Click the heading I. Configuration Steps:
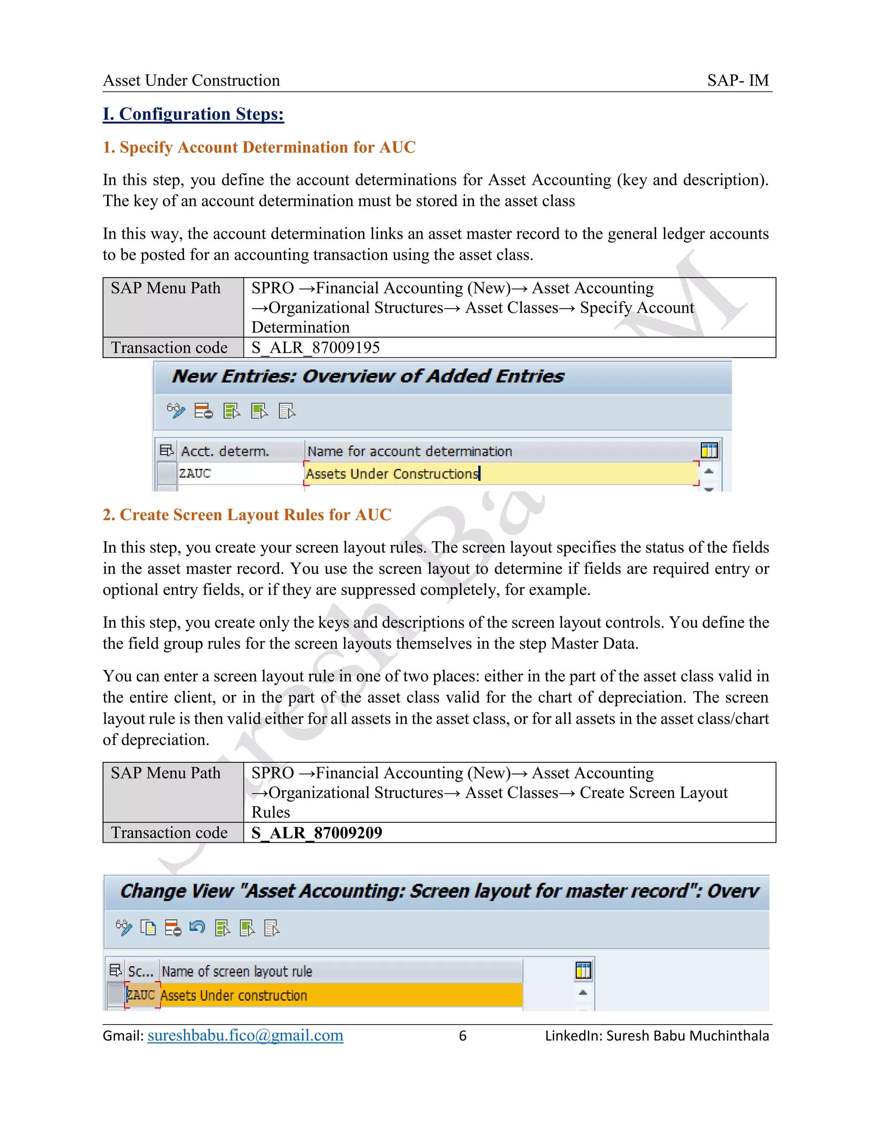[x=193, y=114]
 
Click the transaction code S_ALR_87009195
[x=315, y=348]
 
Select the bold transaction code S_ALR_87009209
[x=317, y=833]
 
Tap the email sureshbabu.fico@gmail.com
[x=245, y=1036]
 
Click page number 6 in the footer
[x=462, y=1036]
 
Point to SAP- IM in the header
[x=738, y=80]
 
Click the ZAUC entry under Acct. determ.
[x=195, y=473]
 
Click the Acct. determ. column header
[x=225, y=451]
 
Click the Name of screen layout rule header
[x=237, y=971]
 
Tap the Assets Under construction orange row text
[x=234, y=995]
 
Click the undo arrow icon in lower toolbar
[x=197, y=928]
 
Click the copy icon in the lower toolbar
[x=148, y=928]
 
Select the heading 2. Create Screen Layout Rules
[x=247, y=515]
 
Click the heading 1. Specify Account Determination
[x=259, y=147]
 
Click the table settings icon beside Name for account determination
[x=709, y=450]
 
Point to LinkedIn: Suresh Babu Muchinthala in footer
[x=657, y=1036]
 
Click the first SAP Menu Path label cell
[x=165, y=288]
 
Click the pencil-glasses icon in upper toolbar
[x=176, y=411]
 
